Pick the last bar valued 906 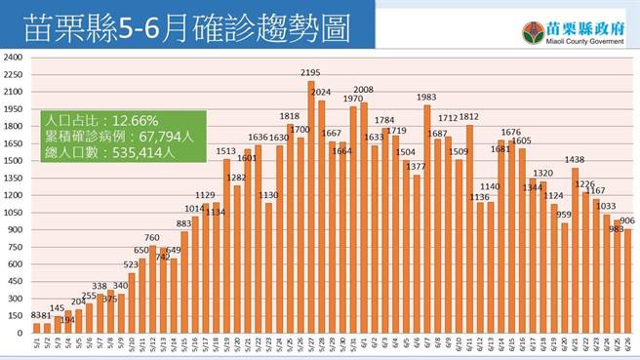pyautogui.click(x=627, y=282)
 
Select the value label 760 pyautogui.click(x=152, y=237)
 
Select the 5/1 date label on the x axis pyautogui.click(x=36, y=343)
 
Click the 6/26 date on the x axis pyautogui.click(x=627, y=343)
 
